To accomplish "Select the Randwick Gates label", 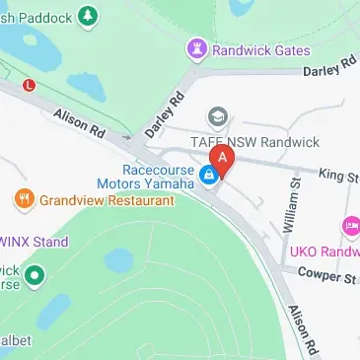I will coord(261,50).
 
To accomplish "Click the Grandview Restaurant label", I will coord(107,200).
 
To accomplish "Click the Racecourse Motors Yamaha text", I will coord(147,176).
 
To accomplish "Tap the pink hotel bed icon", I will coord(350,228).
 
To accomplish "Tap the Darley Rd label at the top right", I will coord(329,69).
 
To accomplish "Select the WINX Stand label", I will coord(34,242).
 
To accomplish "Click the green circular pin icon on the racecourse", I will coord(36,274).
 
